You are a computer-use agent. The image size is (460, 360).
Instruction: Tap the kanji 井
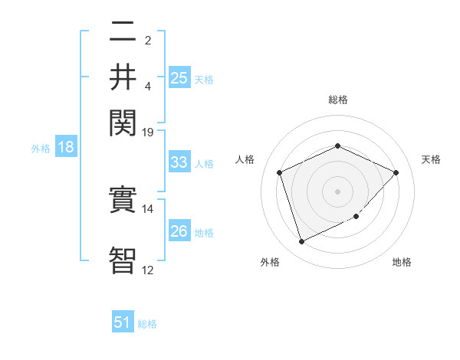123,76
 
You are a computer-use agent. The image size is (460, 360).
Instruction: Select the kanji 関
123,121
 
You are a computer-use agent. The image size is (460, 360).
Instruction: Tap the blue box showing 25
179,77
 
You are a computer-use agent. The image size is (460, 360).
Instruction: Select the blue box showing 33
179,162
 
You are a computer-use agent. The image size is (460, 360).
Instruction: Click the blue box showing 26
179,231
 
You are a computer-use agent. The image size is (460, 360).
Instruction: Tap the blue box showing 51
123,322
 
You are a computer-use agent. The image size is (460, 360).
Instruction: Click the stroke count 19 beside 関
148,132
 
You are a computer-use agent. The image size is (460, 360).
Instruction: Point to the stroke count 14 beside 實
148,208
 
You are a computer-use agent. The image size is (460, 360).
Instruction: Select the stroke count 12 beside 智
148,269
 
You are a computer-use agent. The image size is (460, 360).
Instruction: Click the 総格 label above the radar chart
337,100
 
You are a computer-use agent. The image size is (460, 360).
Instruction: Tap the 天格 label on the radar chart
431,159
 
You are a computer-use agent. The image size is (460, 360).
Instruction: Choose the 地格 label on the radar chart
402,262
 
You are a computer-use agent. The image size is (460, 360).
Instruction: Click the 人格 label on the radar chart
245,159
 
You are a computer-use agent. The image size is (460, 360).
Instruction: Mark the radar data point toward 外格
301,242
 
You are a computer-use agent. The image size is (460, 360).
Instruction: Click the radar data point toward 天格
396,172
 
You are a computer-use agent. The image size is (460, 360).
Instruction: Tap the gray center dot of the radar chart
337,191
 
